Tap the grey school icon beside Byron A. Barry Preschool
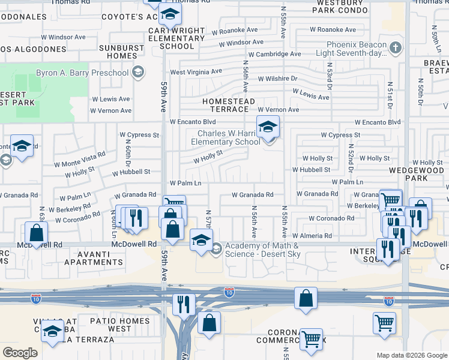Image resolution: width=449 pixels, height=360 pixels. click(138, 73)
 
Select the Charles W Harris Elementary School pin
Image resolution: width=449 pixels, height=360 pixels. click(268, 127)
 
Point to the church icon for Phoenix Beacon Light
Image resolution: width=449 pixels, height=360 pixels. click(395, 47)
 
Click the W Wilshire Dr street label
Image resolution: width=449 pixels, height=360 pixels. click(277, 79)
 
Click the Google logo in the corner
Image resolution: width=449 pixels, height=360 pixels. click(20, 353)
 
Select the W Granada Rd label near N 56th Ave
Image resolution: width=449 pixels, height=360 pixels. click(253, 194)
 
